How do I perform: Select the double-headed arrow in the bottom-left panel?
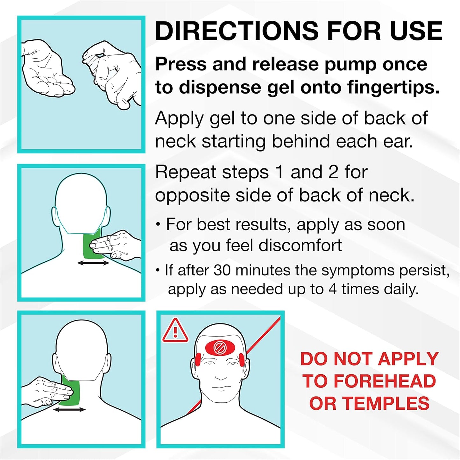[69, 409]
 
